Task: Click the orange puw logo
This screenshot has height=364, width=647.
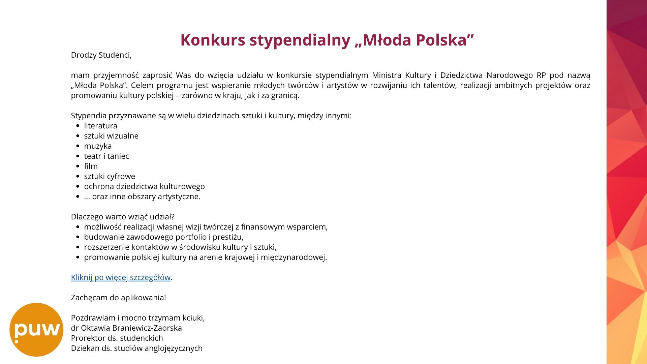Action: pyautogui.click(x=36, y=330)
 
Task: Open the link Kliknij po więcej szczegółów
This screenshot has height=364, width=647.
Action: pyautogui.click(x=121, y=277)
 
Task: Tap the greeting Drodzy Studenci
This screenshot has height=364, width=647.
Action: pyautogui.click(x=101, y=55)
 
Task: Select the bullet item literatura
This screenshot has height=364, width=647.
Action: pyautogui.click(x=100, y=126)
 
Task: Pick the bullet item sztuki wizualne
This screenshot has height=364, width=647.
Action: pyautogui.click(x=111, y=136)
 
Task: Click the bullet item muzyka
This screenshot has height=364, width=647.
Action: pyautogui.click(x=98, y=146)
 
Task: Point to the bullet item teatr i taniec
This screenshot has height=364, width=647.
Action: pyautogui.click(x=106, y=156)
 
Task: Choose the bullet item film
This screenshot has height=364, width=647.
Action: pyautogui.click(x=91, y=166)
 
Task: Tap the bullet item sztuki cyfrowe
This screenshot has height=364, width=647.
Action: pyautogui.click(x=110, y=176)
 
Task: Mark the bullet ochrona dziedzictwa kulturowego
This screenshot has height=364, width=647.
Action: pyautogui.click(x=144, y=186)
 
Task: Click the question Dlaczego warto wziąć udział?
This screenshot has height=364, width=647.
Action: pyautogui.click(x=123, y=217)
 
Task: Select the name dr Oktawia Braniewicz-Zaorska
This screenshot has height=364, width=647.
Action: pyautogui.click(x=126, y=328)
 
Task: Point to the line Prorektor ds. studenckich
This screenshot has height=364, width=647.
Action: pyautogui.click(x=117, y=338)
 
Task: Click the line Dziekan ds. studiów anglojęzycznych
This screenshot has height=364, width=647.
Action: pyautogui.click(x=136, y=348)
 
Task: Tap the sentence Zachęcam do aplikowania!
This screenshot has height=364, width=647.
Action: pyautogui.click(x=118, y=298)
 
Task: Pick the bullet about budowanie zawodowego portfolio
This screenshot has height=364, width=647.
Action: pyautogui.click(x=163, y=237)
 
